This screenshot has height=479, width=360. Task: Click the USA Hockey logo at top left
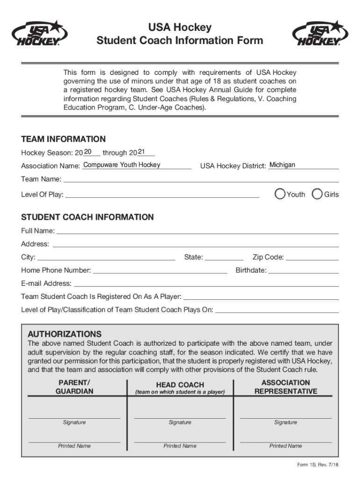point(39,34)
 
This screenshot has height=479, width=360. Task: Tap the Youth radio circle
point(280,194)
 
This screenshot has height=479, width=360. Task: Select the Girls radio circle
point(317,194)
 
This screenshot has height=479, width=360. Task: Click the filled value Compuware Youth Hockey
point(122,165)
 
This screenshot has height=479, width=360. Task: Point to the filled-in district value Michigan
point(282,165)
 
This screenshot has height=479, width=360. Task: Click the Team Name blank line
point(201,179)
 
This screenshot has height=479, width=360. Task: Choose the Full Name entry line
point(197,231)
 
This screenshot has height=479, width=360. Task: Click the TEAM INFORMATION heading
point(64,139)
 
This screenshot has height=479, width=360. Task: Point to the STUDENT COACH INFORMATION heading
point(87,217)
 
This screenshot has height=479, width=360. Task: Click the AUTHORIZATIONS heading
point(65,334)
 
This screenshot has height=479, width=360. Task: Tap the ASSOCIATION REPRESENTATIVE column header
point(286,387)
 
